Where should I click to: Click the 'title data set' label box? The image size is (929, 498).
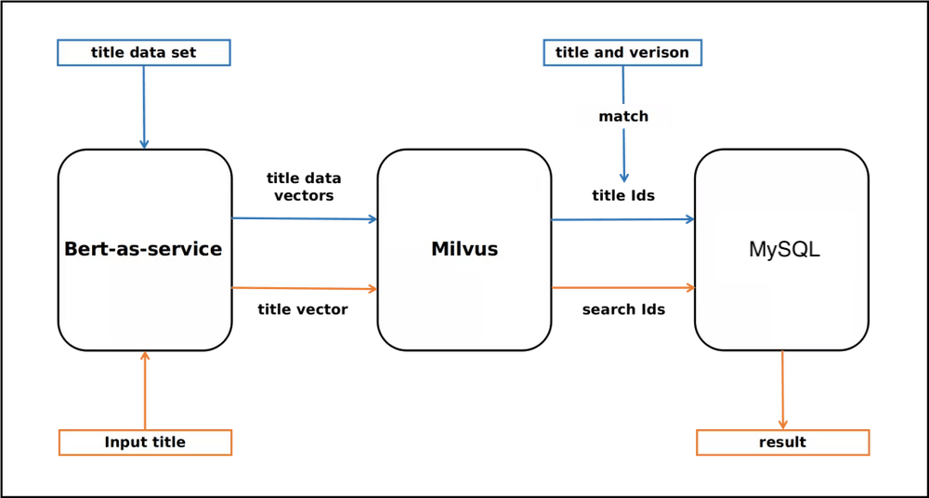click(144, 53)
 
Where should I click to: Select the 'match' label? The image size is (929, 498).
click(622, 117)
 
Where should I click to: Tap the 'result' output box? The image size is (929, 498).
click(782, 442)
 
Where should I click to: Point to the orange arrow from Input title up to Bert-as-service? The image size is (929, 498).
click(144, 390)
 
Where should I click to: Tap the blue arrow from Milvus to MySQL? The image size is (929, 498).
click(622, 219)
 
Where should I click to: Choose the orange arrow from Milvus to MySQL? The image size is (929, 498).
click(622, 288)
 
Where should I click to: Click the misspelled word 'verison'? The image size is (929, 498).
click(660, 53)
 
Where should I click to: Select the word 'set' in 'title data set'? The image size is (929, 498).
click(183, 53)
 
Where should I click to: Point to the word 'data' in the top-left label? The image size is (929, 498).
click(149, 53)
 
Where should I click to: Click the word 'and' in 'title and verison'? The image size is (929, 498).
click(609, 53)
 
